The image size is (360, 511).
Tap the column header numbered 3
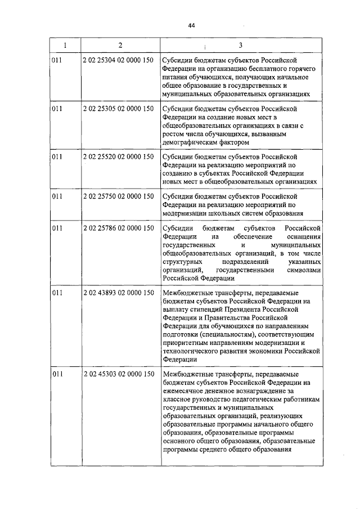(241, 45)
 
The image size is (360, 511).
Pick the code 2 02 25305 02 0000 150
(118, 108)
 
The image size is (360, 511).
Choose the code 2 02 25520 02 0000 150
(118, 156)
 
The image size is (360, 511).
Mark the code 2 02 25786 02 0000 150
(118, 227)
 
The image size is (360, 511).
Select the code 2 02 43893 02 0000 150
(118, 293)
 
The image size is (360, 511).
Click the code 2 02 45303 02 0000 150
(118, 374)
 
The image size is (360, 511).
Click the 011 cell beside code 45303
(56, 374)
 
